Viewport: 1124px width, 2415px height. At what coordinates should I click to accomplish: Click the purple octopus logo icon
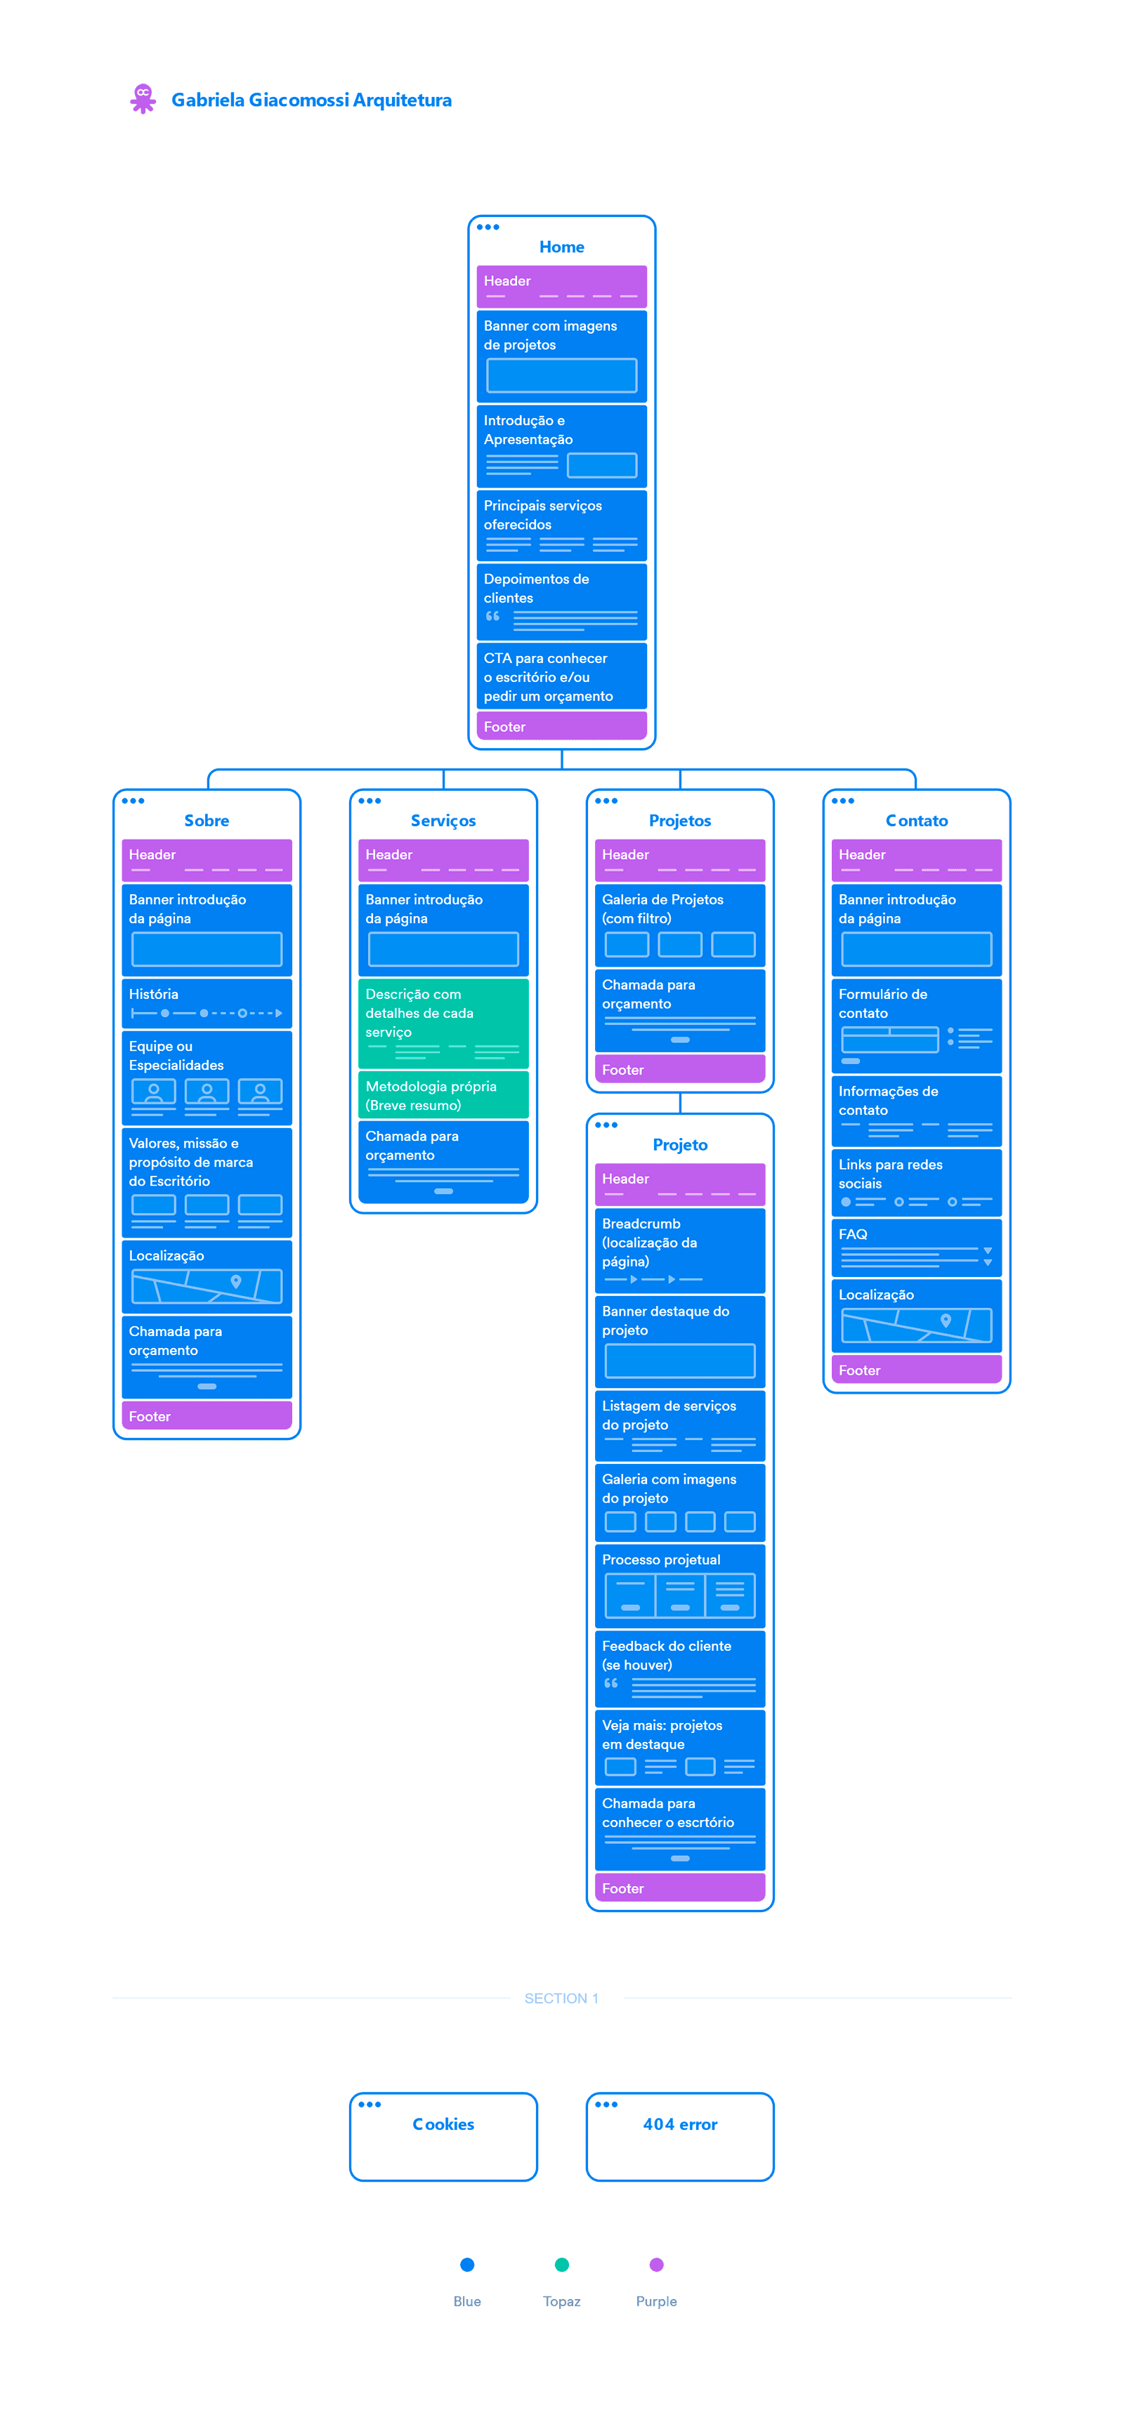(143, 98)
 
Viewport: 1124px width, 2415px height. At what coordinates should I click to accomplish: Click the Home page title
(561, 247)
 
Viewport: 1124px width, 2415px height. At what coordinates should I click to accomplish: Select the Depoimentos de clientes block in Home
(561, 601)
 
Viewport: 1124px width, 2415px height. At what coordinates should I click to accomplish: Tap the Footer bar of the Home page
(561, 726)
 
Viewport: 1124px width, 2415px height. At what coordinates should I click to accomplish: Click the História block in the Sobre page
(207, 1003)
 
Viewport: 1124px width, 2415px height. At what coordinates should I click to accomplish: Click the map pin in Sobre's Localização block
(236, 1281)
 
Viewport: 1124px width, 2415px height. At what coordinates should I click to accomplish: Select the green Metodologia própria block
(443, 1095)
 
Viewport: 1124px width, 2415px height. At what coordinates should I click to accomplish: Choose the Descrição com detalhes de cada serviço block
(443, 1023)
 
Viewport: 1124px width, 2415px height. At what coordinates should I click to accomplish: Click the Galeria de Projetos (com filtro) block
(681, 925)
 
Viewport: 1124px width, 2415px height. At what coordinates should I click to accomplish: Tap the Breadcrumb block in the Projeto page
(681, 1250)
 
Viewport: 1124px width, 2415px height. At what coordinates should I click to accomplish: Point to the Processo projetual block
(681, 1586)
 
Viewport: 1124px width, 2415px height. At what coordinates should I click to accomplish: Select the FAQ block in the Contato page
(917, 1248)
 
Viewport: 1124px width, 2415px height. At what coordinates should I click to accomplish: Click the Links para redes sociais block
(917, 1182)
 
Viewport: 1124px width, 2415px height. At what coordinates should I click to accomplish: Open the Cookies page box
(443, 2137)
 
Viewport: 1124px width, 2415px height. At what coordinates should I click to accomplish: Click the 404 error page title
(681, 2124)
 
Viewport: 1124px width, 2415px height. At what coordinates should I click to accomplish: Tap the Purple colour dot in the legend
(657, 2265)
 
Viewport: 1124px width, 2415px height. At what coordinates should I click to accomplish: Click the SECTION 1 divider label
(561, 1998)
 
